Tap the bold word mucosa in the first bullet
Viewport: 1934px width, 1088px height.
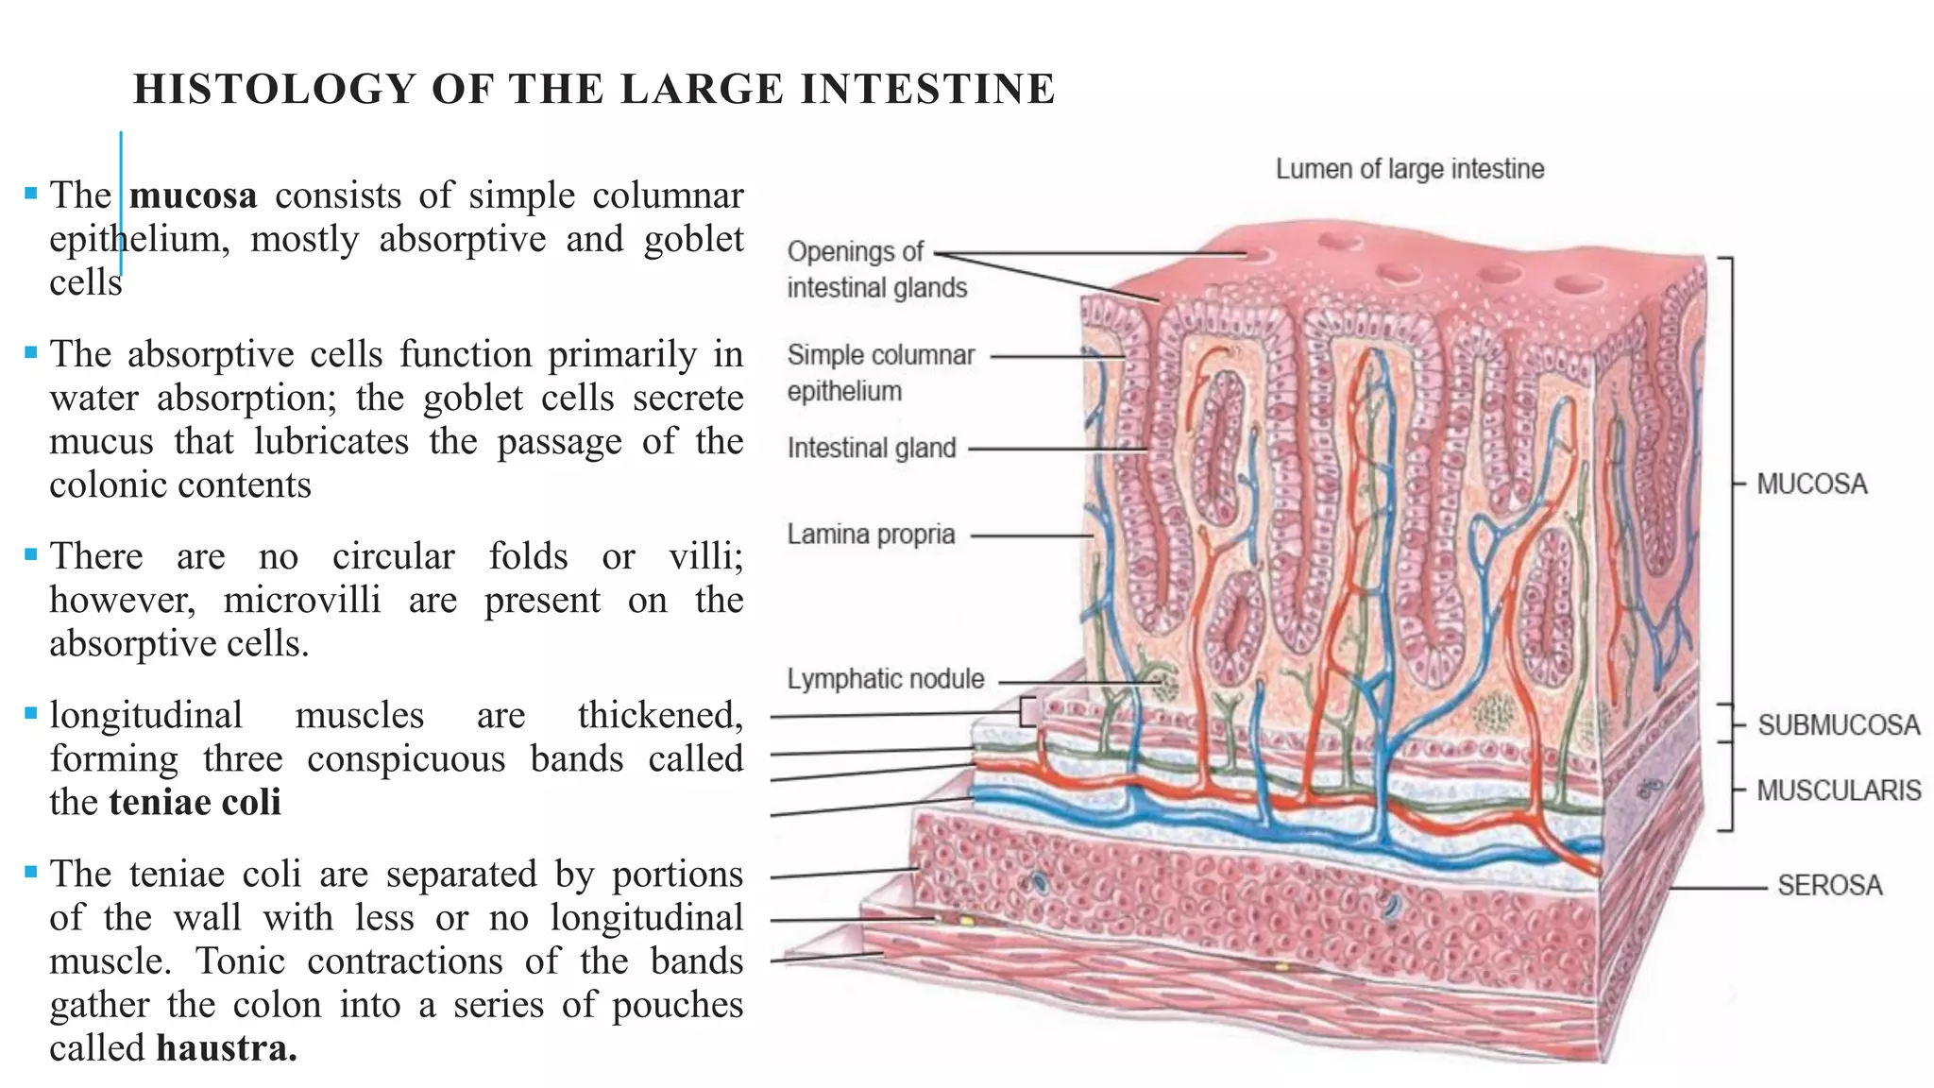click(x=194, y=195)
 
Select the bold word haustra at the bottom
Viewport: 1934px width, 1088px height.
click(x=227, y=1048)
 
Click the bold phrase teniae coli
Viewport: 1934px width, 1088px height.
click(x=195, y=803)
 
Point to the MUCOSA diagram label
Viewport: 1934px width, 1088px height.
click(x=1811, y=484)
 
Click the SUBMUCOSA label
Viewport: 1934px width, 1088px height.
click(x=1838, y=725)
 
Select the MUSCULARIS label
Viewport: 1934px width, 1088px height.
click(x=1838, y=790)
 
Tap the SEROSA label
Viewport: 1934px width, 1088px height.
click(x=1829, y=886)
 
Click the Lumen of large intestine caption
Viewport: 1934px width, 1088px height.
click(x=1410, y=169)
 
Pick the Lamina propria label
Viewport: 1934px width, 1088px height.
click(x=871, y=535)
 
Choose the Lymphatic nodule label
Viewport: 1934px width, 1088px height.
click(x=886, y=679)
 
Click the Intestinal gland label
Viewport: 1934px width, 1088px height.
click(x=872, y=448)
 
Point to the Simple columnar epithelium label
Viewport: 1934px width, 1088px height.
click(x=880, y=373)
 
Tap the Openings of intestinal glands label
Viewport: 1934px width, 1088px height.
click(x=876, y=269)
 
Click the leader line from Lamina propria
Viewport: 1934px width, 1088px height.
click(x=1031, y=535)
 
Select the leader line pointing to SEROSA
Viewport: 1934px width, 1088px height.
click(x=1717, y=889)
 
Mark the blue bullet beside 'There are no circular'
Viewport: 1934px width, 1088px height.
click(x=31, y=553)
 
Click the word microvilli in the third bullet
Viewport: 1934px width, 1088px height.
click(x=302, y=601)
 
